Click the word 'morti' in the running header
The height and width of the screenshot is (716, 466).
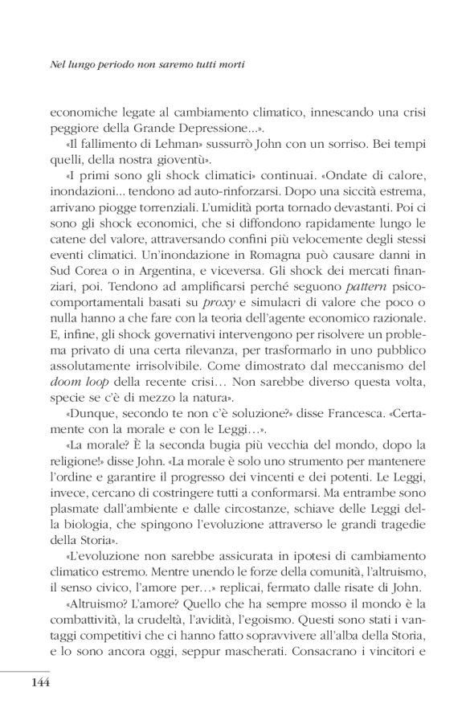[x=228, y=61]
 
